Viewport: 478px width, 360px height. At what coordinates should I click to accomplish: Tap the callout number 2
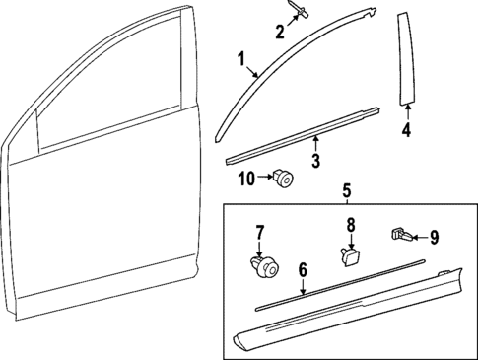[x=279, y=33]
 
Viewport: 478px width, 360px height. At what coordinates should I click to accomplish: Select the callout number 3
[x=314, y=160]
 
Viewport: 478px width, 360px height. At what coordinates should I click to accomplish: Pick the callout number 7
[x=260, y=233]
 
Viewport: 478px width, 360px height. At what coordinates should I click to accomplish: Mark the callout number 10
[x=245, y=179]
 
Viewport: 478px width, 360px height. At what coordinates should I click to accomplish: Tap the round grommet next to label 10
[x=285, y=179]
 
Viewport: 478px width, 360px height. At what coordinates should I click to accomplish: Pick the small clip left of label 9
[x=401, y=234]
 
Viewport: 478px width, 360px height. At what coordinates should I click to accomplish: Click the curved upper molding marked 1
[x=296, y=49]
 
